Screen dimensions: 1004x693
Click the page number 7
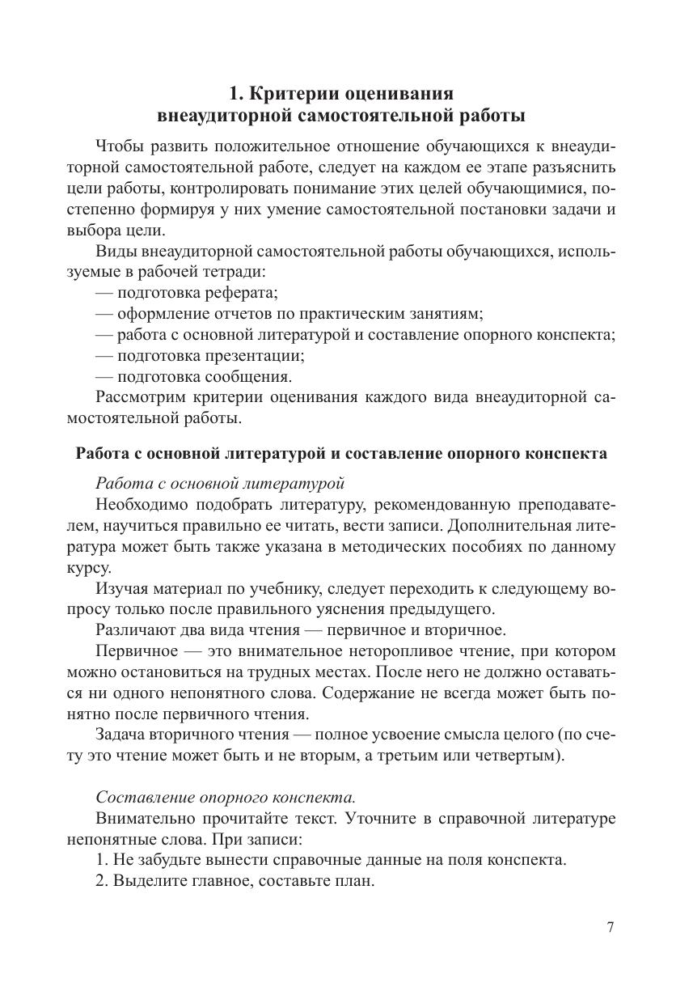(x=611, y=927)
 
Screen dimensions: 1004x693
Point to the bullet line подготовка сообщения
(x=193, y=376)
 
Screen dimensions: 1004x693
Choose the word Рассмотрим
(x=141, y=397)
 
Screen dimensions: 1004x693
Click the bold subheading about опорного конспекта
(x=340, y=453)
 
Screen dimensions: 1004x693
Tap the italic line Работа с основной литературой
(x=220, y=484)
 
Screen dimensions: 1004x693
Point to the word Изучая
(x=121, y=588)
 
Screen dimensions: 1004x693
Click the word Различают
(x=133, y=630)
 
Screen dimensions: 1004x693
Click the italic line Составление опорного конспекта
(x=226, y=797)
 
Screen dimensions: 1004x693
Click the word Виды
(x=114, y=252)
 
